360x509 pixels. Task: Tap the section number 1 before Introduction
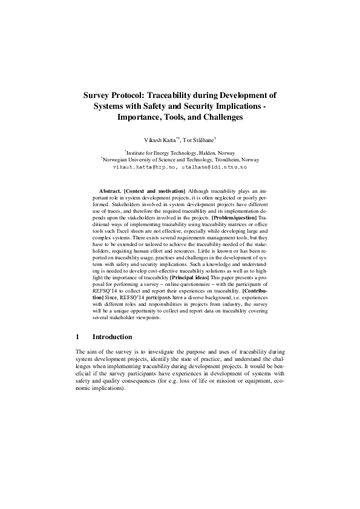tap(77, 336)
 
